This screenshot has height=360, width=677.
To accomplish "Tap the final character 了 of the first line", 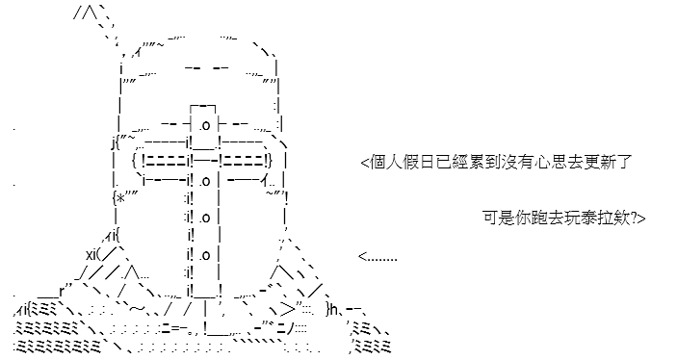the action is [x=623, y=163].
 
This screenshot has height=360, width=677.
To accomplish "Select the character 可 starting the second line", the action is [x=490, y=218].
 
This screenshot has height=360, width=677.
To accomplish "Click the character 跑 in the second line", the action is [x=539, y=218].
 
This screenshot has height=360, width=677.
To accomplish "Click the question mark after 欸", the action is [x=634, y=218].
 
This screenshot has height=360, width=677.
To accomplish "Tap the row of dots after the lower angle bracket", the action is [x=382, y=260].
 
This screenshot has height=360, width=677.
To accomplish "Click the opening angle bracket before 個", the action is [x=365, y=164].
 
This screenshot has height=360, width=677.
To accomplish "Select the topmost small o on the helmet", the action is [x=205, y=125].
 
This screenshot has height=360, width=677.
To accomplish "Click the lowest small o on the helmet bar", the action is [x=205, y=255].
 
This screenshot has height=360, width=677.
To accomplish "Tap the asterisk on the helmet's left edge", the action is [x=121, y=198].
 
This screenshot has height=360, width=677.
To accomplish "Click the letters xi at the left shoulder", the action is [x=91, y=254].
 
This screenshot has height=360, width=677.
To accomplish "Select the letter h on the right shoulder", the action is [x=334, y=309].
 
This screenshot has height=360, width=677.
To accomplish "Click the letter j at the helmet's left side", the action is [x=113, y=142].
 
